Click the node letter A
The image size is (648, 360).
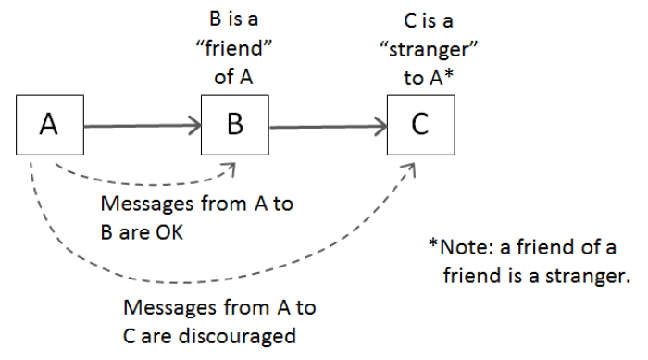pos(49,124)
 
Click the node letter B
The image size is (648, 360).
pos(235,124)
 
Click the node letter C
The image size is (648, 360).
pos(419,124)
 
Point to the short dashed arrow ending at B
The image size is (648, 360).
pos(139,183)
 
